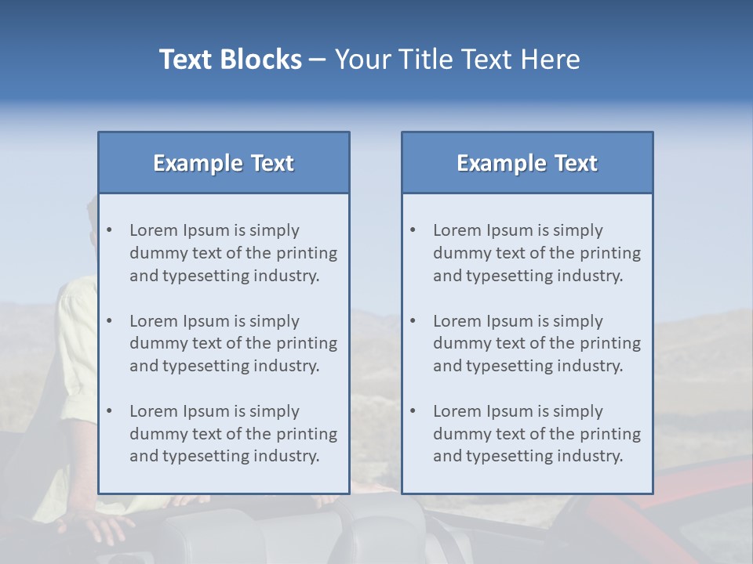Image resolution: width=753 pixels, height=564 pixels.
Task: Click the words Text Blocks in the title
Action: (230, 60)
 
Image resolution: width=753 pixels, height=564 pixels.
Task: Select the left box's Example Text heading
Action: (224, 163)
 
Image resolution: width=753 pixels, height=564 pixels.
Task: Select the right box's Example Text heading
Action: (527, 163)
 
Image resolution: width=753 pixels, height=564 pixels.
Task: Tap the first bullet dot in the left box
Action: (110, 230)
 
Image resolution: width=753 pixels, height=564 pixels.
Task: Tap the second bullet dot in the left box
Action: (110, 321)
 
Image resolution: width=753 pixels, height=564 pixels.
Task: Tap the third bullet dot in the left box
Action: (110, 411)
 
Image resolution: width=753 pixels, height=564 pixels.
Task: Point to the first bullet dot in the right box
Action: (413, 230)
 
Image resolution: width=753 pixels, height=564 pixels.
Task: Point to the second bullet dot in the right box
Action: (413, 321)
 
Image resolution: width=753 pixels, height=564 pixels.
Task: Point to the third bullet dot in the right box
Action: (413, 411)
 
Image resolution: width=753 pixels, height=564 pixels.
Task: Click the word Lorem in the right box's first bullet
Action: (457, 230)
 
